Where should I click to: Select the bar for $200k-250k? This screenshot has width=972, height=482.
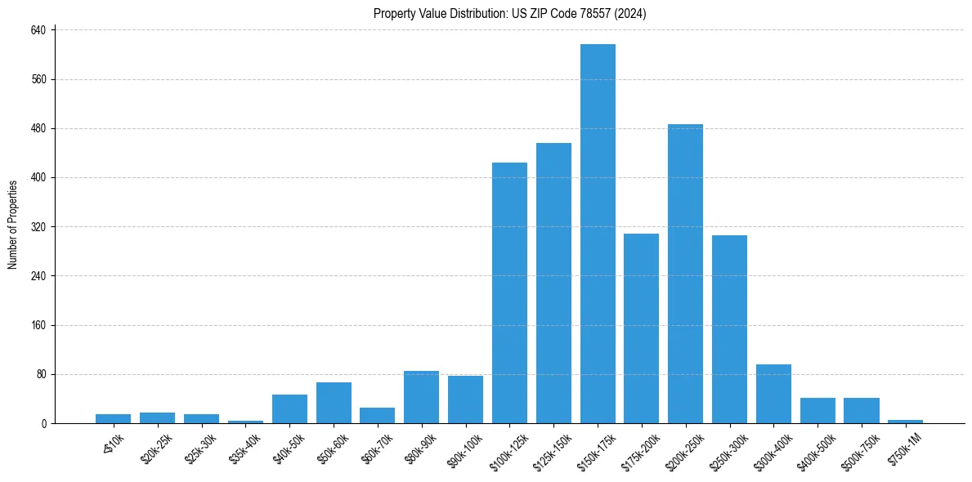[x=685, y=274]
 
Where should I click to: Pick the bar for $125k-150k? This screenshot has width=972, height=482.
[x=553, y=283]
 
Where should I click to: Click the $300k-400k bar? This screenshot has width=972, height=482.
[x=773, y=394]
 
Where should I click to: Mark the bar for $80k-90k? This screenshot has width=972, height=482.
[x=421, y=397]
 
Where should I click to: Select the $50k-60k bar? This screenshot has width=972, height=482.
[x=334, y=403]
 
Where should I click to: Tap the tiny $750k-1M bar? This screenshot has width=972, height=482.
[x=905, y=422]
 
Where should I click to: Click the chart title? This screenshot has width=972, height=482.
[x=510, y=13]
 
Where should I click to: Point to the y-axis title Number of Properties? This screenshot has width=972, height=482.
[x=13, y=225]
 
